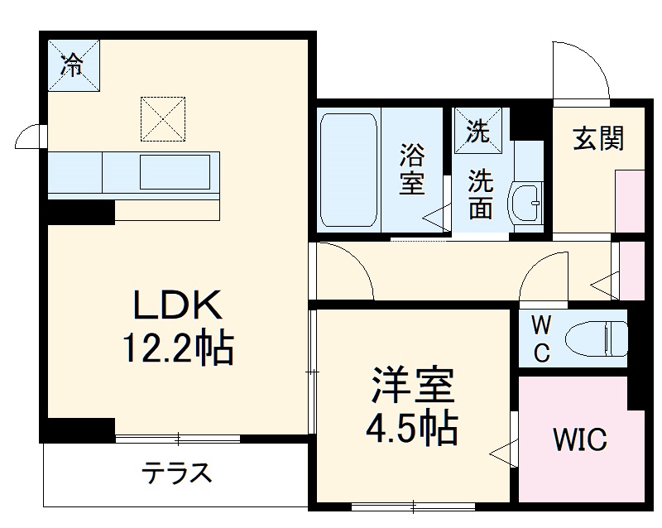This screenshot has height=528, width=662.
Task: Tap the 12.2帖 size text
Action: point(178,349)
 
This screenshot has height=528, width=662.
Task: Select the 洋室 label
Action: point(411,386)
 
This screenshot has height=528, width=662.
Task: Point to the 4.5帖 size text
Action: point(411,428)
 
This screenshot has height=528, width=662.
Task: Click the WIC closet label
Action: point(579,439)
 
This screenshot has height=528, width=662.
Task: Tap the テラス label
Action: point(177,474)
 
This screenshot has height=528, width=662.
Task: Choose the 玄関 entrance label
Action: point(597,139)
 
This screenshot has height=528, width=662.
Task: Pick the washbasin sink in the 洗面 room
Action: point(525,200)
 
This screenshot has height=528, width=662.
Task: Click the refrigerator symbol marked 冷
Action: point(74,64)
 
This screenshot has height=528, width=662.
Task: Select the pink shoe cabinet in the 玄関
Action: point(630,201)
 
